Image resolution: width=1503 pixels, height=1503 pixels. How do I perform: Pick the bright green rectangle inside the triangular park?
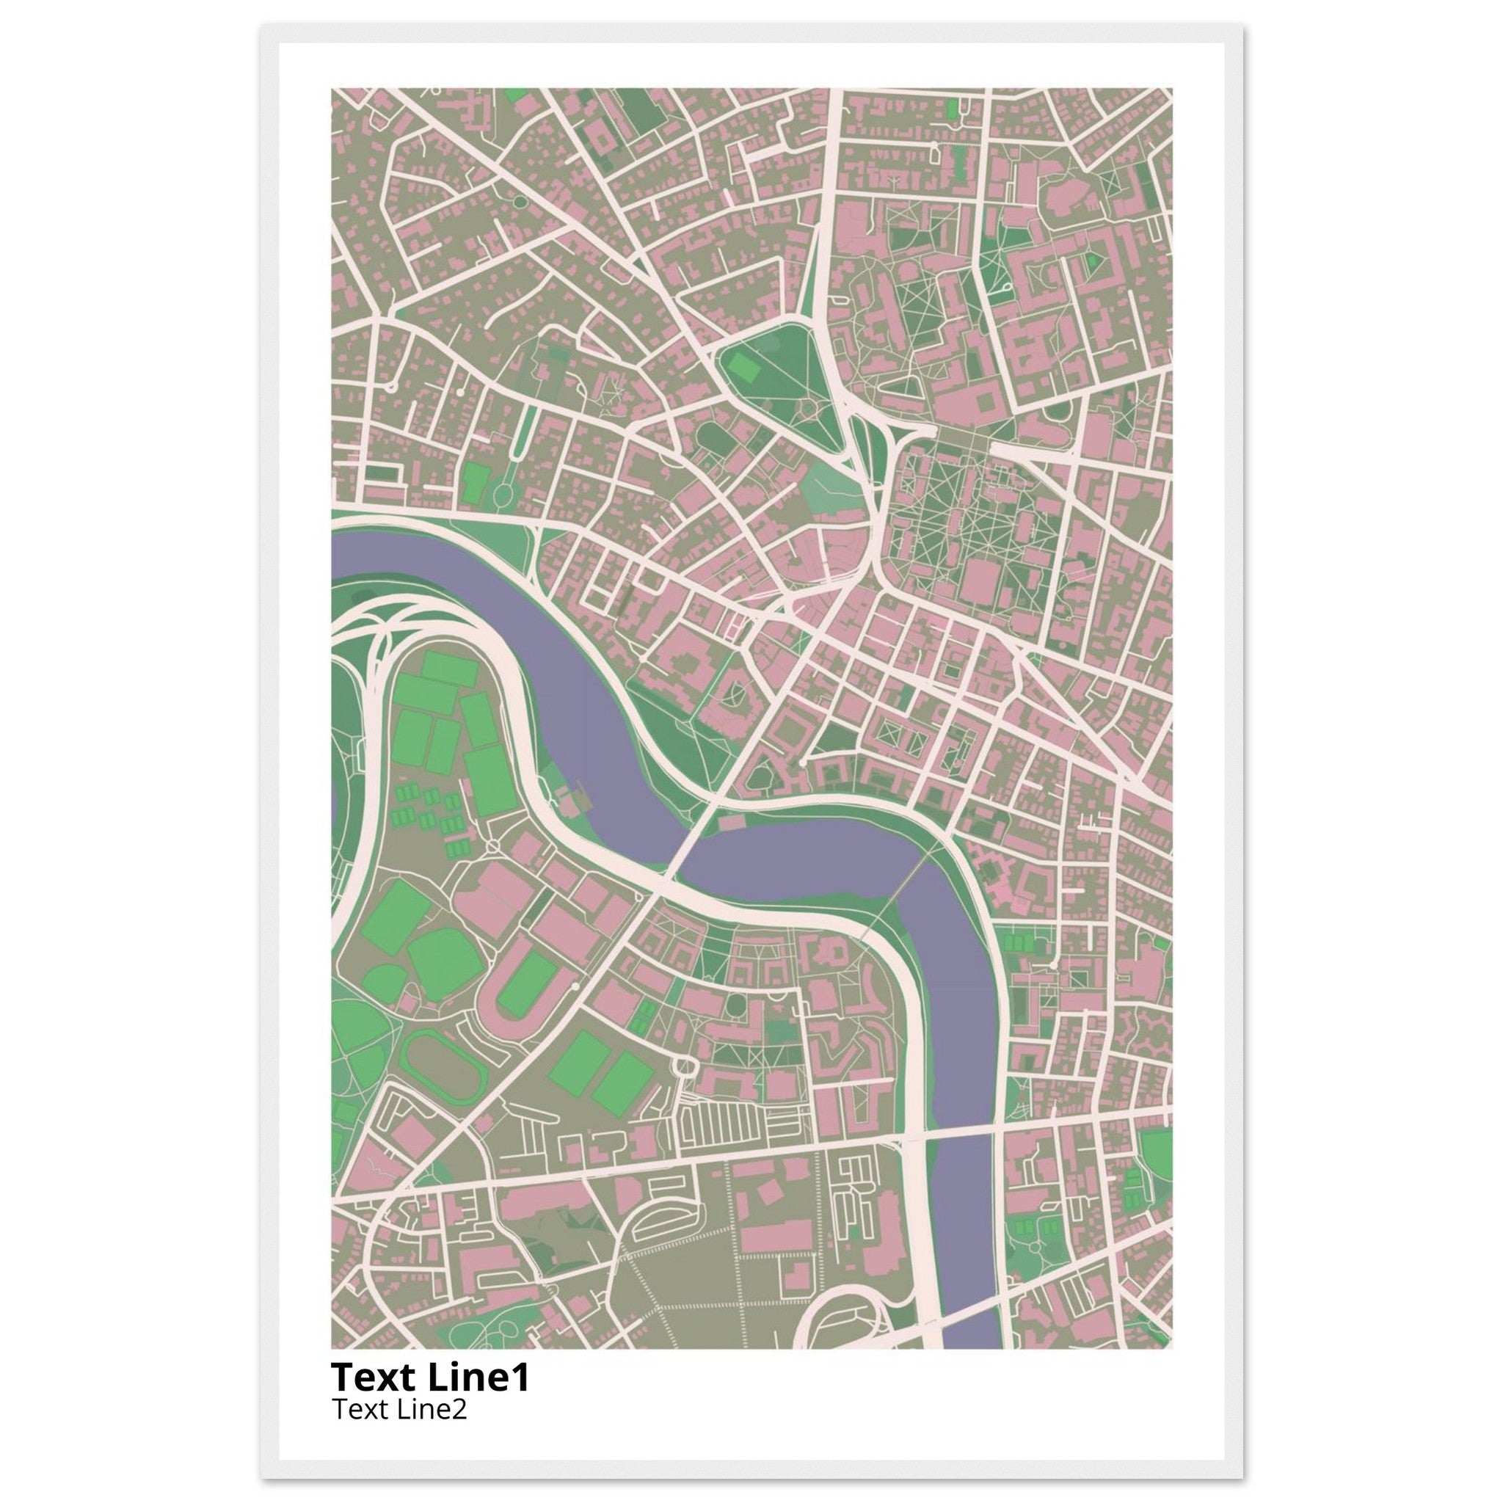pos(746,366)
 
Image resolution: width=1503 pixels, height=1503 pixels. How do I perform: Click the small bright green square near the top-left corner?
pos(516,95)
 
